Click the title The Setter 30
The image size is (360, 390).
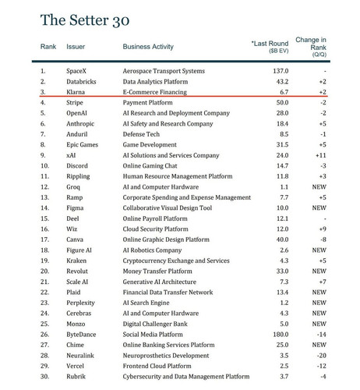click(85, 20)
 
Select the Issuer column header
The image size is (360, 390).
click(76, 47)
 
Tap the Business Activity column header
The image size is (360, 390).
click(148, 47)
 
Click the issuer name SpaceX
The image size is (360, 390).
click(76, 71)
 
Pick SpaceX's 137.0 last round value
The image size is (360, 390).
click(281, 71)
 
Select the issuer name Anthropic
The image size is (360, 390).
click(80, 124)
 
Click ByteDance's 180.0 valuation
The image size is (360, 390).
click(281, 335)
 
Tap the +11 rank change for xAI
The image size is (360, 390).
click(321, 155)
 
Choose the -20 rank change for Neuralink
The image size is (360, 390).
click(322, 356)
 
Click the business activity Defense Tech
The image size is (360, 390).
click(141, 134)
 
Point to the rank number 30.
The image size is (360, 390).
click(44, 377)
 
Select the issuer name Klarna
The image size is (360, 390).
click(76, 92)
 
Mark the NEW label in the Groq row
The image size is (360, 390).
click(319, 187)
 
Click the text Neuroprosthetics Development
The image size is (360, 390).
click(166, 356)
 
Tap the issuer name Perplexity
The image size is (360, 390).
click(80, 303)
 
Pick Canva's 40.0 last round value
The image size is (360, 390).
click(282, 239)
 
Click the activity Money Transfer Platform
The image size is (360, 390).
click(157, 271)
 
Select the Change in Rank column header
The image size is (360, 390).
click(311, 47)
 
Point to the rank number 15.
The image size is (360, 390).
click(44, 218)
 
